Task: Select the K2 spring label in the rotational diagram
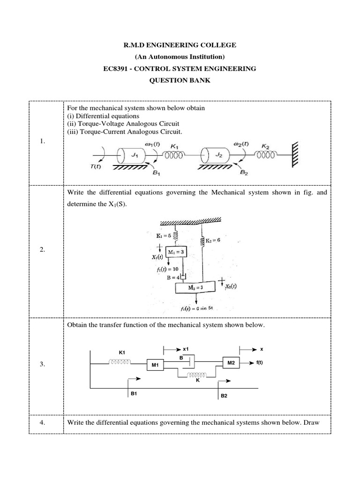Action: click(x=265, y=146)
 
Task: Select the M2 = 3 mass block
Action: click(x=197, y=287)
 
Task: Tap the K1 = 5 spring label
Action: click(x=165, y=236)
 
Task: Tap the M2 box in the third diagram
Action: click(x=231, y=363)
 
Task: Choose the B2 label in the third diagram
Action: click(x=224, y=396)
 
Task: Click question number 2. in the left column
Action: click(x=42, y=250)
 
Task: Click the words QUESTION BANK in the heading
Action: click(x=180, y=80)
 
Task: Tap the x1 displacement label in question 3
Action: click(x=186, y=349)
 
